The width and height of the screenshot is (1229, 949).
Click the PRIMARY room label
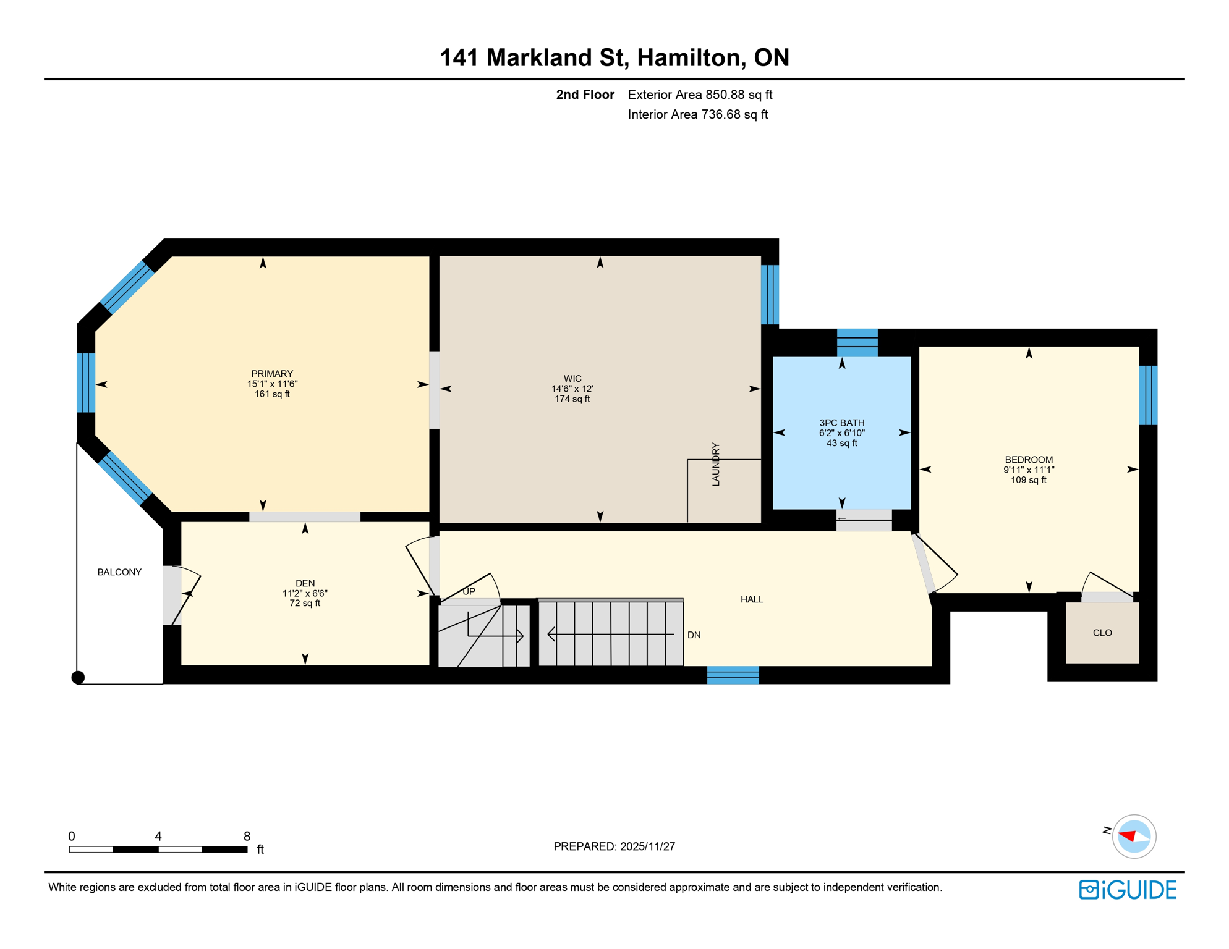point(272,374)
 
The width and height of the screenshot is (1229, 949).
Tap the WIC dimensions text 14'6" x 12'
point(572,389)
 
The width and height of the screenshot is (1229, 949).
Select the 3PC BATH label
point(841,423)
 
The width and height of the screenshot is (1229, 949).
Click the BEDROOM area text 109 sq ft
point(1028,480)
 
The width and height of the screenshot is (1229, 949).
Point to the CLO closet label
point(1102,633)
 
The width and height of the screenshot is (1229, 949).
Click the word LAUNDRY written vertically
point(716,464)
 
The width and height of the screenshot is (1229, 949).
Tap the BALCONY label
point(119,572)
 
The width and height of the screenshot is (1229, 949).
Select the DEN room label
point(305,583)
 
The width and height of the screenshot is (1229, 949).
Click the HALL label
point(752,599)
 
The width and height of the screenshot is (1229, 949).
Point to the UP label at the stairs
point(469,591)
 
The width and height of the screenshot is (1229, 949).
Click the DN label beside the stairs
point(694,635)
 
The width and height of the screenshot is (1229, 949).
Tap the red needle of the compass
point(1127,836)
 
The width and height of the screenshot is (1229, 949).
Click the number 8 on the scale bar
point(247,836)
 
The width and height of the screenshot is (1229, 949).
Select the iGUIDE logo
point(1128,890)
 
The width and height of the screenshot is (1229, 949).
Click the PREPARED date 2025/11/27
point(647,846)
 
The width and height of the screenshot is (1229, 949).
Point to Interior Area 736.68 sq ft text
point(697,114)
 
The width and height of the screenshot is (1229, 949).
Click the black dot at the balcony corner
point(78,678)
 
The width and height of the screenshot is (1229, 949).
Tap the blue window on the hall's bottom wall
point(733,675)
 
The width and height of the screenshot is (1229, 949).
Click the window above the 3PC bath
point(857,343)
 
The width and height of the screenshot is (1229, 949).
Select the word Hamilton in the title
point(689,57)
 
